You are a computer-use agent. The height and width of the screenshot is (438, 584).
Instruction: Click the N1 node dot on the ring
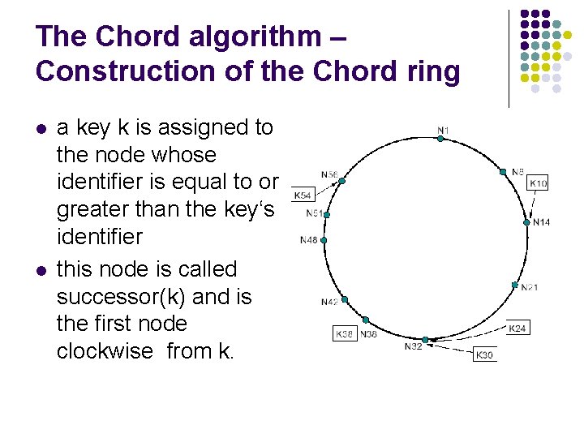[x=440, y=139]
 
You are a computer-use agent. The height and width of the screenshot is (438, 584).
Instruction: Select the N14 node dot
[x=527, y=221]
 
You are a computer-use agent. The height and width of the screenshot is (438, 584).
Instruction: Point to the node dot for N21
[x=514, y=285]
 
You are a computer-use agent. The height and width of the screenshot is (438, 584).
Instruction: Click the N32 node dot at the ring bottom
[x=425, y=340]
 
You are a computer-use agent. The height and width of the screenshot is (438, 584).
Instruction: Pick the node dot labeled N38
[x=366, y=320]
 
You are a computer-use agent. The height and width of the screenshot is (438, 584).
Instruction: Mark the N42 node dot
[x=345, y=299]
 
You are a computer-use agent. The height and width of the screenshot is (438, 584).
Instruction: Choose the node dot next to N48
[x=324, y=240]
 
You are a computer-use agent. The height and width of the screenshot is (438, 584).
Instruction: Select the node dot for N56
[x=341, y=181]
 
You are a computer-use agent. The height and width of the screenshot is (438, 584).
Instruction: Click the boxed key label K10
[x=538, y=184]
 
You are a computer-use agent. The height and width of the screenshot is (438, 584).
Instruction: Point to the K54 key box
[x=303, y=195]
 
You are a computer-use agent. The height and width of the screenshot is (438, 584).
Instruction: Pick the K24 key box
[x=517, y=328]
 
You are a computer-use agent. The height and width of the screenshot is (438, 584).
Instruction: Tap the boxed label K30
[x=485, y=355]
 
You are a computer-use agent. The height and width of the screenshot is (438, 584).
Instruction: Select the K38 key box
[x=346, y=333]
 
